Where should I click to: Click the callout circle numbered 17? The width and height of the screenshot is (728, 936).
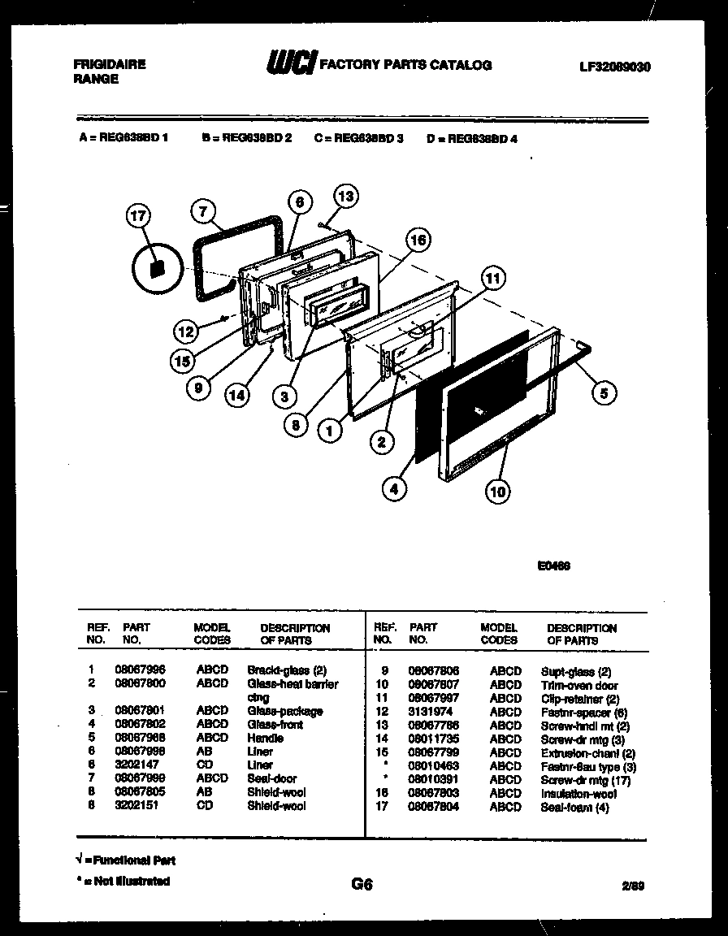coord(139,216)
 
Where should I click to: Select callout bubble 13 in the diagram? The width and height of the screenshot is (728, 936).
coord(345,197)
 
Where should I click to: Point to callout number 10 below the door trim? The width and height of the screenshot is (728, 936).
coord(498,490)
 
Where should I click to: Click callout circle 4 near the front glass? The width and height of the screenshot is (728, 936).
coord(394,489)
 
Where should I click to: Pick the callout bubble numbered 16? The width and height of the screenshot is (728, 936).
coord(418,240)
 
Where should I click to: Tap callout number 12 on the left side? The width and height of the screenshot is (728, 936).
coord(186,331)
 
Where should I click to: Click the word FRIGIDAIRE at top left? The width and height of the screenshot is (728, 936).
coord(110,64)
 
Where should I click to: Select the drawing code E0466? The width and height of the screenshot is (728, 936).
coord(553,566)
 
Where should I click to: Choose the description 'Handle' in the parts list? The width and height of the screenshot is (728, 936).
coord(265,739)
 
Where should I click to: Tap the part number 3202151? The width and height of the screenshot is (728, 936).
coord(136,806)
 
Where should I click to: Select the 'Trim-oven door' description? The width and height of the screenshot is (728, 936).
coord(579,686)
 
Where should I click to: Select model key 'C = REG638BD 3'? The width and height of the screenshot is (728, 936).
coord(358,138)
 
